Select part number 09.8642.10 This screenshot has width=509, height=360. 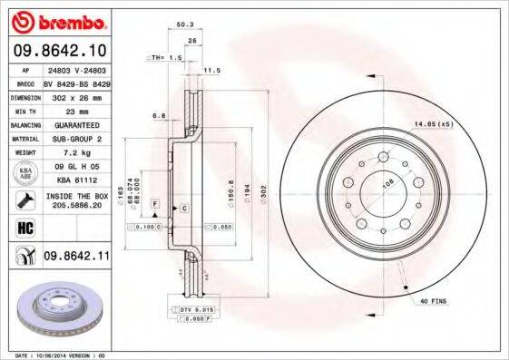pos(59,51)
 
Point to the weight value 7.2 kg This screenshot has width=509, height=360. pos(73,153)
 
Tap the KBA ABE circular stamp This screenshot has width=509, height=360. pos(24,172)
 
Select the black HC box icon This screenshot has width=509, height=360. pos(24,229)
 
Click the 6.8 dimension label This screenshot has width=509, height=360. pos(158,115)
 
